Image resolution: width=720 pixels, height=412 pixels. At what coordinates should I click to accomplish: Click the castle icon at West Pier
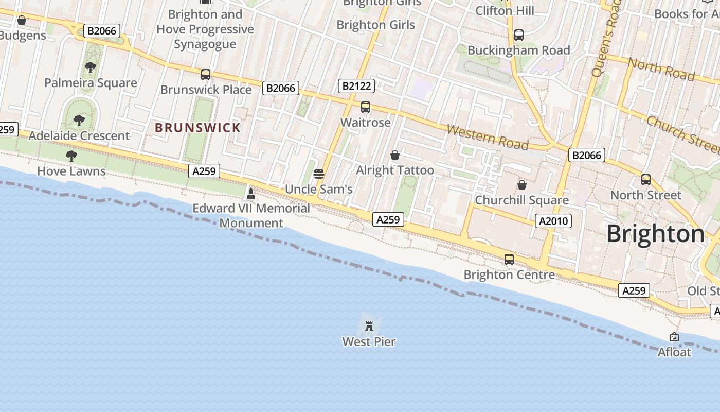[369, 326]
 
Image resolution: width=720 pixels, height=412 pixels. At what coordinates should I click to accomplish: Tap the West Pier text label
[369, 341]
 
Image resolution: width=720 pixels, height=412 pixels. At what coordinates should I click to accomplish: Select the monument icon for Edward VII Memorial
[251, 194]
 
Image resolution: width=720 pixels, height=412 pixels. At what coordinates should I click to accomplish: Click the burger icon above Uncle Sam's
[319, 174]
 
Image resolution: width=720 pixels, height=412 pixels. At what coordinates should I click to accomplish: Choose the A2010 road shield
[553, 221]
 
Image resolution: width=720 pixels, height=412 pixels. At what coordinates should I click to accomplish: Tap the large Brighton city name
[655, 233]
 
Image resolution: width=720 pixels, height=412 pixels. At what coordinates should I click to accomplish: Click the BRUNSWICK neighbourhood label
[197, 128]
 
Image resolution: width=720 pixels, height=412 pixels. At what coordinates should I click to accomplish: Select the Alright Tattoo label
[395, 170]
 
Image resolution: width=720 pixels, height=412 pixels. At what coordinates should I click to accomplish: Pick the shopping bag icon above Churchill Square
[522, 184]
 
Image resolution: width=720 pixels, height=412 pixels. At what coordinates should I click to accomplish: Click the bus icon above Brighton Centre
[509, 259]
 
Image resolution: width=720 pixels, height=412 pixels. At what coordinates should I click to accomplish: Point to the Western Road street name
[487, 137]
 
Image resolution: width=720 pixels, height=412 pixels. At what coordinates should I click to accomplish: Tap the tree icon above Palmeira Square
[91, 67]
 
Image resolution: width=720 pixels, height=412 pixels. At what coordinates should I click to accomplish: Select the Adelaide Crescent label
[79, 135]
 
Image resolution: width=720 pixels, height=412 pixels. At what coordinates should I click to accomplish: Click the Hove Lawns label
[71, 171]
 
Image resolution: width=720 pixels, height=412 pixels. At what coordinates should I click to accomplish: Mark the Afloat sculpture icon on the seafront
[674, 337]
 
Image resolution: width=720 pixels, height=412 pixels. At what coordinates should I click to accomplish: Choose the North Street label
[645, 195]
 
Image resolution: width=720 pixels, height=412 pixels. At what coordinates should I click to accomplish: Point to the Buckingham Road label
[518, 50]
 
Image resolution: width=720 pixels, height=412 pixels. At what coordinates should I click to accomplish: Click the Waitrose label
[366, 122]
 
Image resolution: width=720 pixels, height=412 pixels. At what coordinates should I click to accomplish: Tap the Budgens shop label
[22, 36]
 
